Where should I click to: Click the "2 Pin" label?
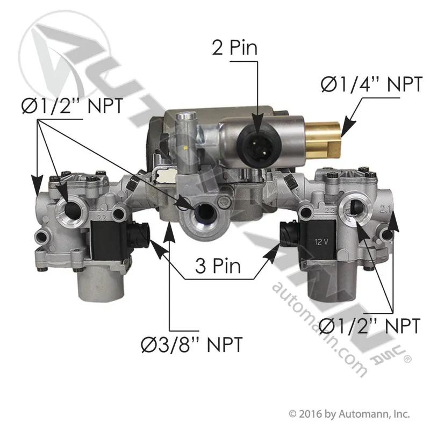(x=235, y=47)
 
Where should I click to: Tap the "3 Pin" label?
(x=218, y=266)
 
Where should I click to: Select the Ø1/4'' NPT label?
(x=371, y=84)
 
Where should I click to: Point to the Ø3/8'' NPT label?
(x=192, y=345)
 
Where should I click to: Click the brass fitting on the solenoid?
(x=323, y=140)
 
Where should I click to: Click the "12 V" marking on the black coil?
(x=321, y=242)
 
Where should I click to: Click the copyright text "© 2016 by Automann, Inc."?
(x=349, y=414)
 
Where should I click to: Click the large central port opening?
(x=204, y=212)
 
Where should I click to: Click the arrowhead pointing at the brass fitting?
(x=349, y=126)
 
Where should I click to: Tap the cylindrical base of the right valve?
(x=331, y=283)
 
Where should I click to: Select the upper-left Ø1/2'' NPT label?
(x=73, y=106)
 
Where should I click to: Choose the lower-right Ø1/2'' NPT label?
(x=369, y=326)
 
